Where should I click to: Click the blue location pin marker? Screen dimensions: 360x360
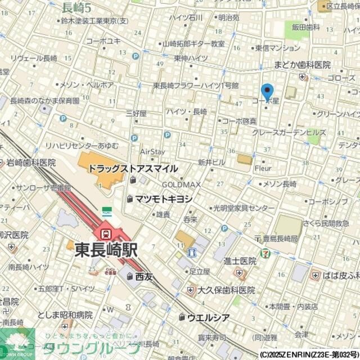tap(267, 91)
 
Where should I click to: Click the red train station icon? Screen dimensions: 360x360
tap(105, 232)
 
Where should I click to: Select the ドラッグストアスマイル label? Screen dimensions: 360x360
tap(133, 168)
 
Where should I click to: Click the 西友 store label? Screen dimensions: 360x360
tap(143, 276)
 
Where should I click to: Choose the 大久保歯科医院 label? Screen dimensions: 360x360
tap(227, 290)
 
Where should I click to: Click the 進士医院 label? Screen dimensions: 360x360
tap(240, 260)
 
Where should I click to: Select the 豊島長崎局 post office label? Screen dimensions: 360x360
tap(283, 238)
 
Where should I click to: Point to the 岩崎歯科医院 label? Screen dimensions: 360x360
tap(31, 163)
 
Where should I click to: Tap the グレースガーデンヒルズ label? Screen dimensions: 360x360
tap(289, 133)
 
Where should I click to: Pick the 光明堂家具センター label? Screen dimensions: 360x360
tap(236, 208)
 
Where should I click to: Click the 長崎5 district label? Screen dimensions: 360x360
tap(77, 7)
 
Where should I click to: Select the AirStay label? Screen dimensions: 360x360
tap(152, 152)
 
